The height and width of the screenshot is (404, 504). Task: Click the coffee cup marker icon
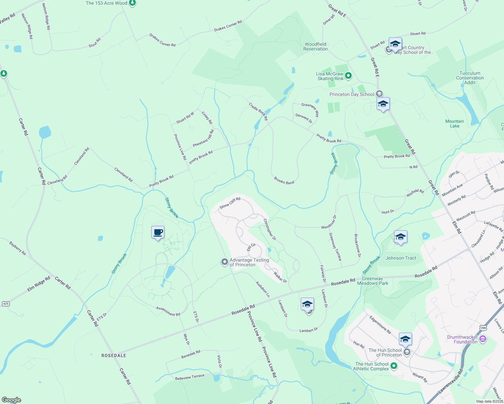[158, 232]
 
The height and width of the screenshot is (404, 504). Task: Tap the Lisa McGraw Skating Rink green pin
[348, 76]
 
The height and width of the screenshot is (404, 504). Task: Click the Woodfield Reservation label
[315, 46]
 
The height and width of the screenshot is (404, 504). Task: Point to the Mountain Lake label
[454, 124]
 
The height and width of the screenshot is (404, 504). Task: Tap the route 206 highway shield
[483, 328]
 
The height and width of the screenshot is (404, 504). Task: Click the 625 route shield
[6, 304]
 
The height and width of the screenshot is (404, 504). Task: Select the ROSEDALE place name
[114, 356]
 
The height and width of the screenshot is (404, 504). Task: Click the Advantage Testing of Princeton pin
[224, 262]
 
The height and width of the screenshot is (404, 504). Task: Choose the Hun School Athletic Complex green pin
[393, 366]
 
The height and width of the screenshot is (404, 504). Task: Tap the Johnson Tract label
[401, 258]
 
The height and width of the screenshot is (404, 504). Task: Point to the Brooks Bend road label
[284, 181]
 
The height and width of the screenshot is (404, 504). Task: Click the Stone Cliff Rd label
[230, 203]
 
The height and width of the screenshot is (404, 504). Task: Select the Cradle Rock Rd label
[258, 111]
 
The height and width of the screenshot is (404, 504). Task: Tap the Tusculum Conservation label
[470, 78]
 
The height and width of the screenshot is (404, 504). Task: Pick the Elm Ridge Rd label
[39, 284]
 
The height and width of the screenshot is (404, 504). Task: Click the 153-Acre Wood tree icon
[132, 3]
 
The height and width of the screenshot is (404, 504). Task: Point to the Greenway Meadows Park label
[373, 281]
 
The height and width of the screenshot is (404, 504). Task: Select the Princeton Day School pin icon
[379, 94]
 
